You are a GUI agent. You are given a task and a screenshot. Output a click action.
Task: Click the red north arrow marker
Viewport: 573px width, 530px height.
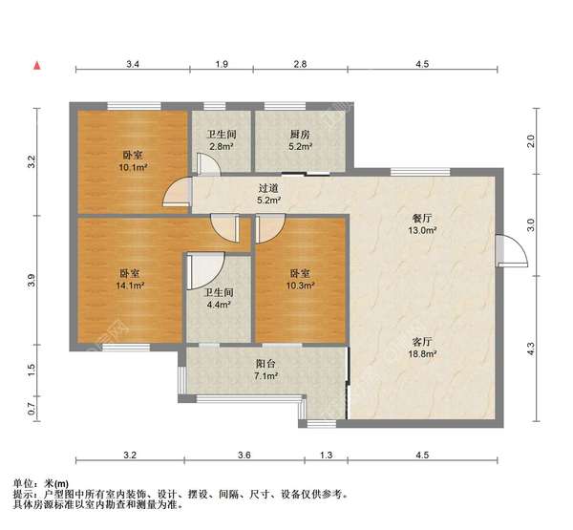coord(36,65)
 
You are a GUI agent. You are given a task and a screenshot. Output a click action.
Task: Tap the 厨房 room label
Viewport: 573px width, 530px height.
coord(299,141)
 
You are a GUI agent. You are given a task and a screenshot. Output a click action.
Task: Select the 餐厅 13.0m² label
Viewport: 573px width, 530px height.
coord(422,223)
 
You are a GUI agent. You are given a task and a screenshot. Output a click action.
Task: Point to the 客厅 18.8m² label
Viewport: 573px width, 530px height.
coord(422,347)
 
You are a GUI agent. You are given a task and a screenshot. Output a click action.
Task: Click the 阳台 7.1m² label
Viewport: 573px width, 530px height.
coord(265,371)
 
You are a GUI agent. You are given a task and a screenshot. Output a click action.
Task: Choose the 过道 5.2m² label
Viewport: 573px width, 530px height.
coord(268,195)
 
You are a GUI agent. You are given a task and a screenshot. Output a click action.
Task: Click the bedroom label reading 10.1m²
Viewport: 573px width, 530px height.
coord(133,161)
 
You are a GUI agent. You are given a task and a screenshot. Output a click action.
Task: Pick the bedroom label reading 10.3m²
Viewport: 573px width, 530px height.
coord(300,279)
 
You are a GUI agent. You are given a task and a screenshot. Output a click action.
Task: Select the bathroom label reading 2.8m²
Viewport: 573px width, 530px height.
coord(222,141)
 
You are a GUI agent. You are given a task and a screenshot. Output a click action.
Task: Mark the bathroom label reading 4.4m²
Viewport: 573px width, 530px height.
coord(219,299)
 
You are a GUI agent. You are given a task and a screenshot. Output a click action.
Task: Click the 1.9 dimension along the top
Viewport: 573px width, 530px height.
coord(222,64)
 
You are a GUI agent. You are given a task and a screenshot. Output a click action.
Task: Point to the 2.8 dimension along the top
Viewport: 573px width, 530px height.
coord(299,64)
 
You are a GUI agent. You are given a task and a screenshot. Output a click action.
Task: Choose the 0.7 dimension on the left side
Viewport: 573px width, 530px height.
coord(31,410)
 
